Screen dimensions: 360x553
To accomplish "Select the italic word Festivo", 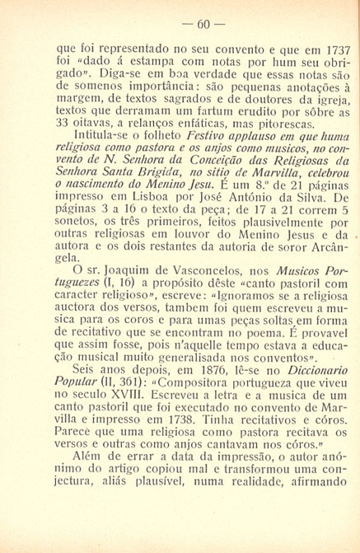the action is pos(184,153).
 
